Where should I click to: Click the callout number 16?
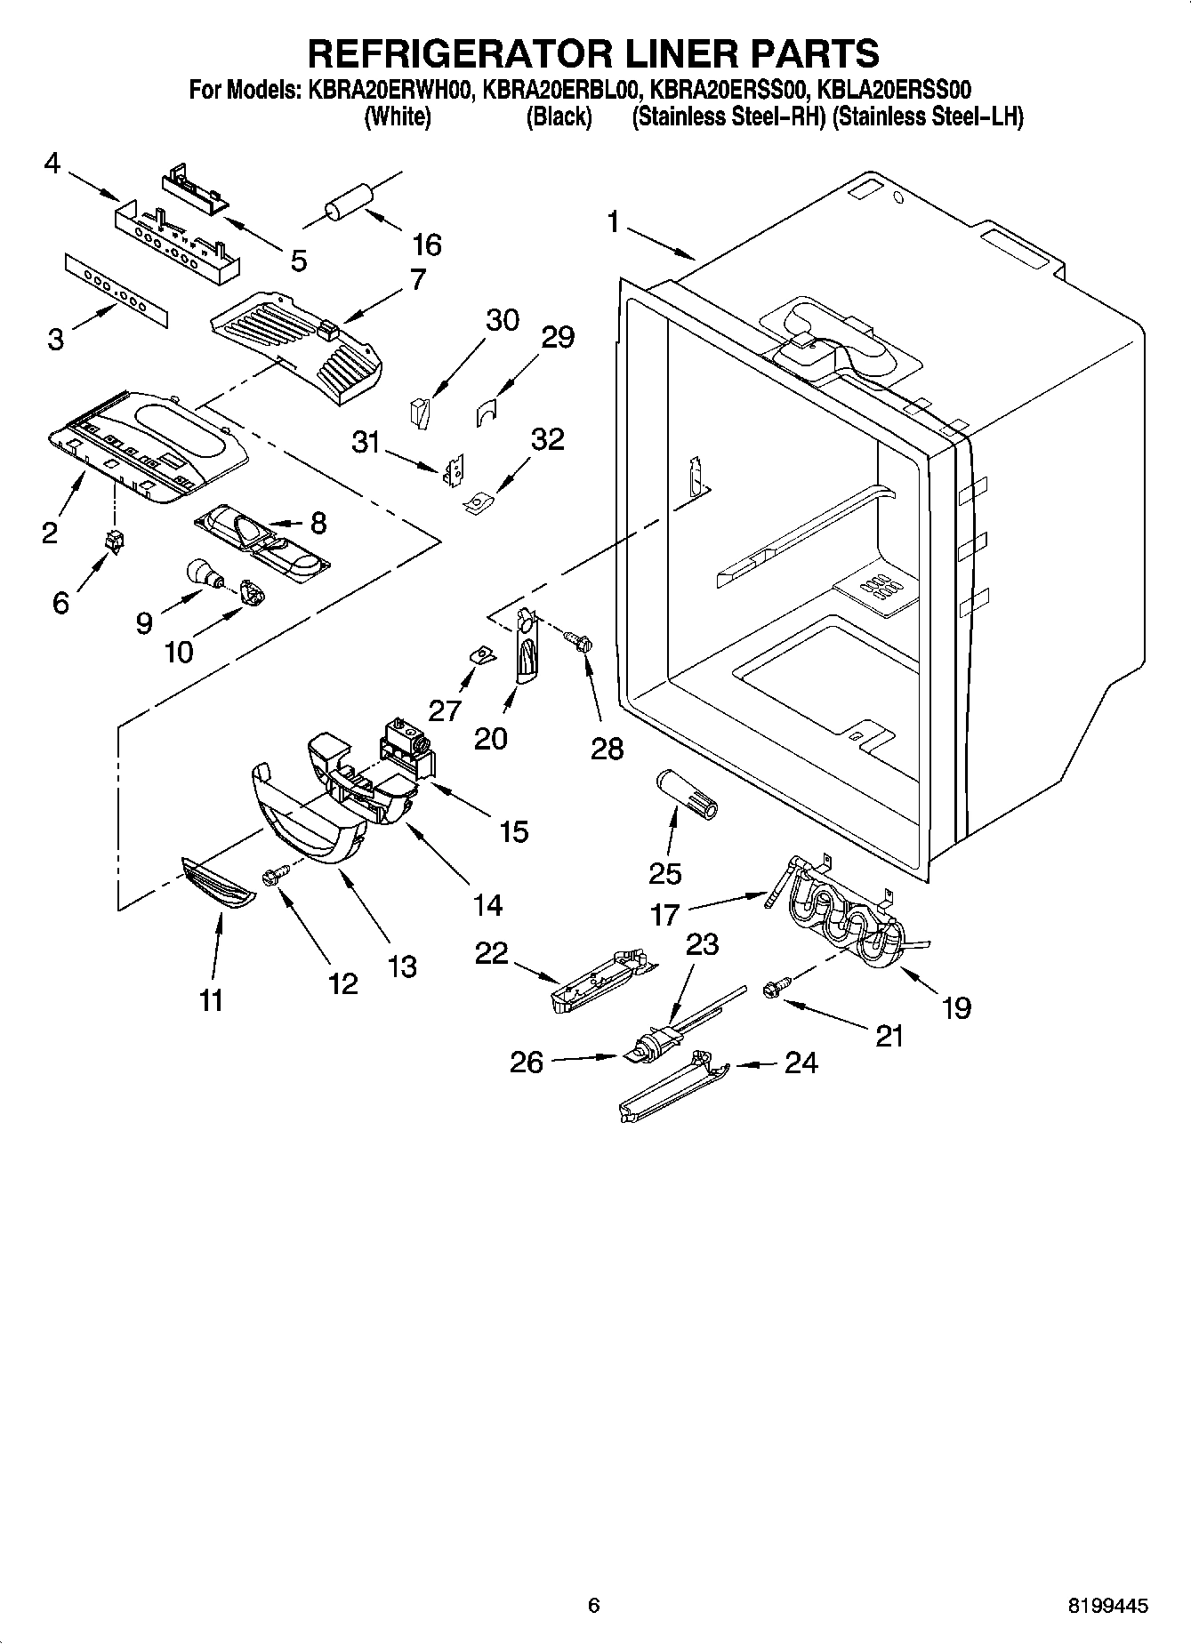tap(427, 245)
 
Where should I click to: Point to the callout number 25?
tap(664, 873)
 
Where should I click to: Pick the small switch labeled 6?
tap(115, 540)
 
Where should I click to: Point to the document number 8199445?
tap(1107, 1605)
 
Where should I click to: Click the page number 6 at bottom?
tap(594, 1605)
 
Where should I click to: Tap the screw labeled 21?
tap(773, 988)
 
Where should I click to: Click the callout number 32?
tap(547, 439)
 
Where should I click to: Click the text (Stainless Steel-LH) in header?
tap(927, 117)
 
